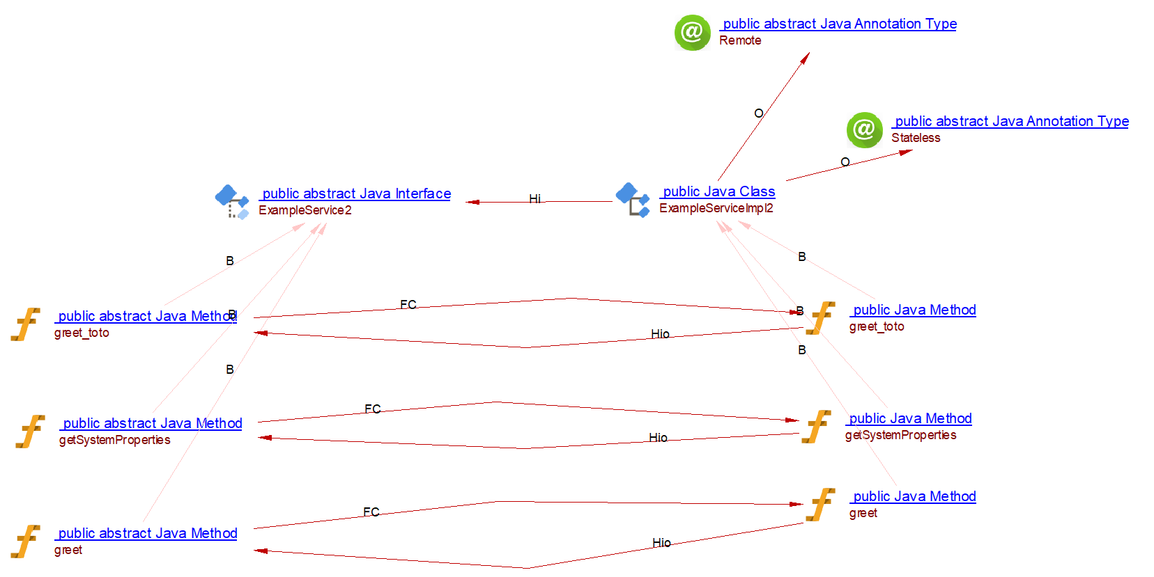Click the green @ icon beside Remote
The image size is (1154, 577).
coord(692,32)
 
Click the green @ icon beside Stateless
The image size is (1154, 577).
coord(864,129)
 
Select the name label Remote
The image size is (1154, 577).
coord(740,40)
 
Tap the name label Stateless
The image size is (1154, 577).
coord(916,138)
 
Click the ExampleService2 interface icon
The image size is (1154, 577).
coord(232,202)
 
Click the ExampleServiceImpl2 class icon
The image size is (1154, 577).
coord(633,200)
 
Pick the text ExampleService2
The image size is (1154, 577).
coord(305,210)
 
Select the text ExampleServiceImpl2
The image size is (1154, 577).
coord(716,208)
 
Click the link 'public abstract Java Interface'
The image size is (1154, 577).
coord(356,193)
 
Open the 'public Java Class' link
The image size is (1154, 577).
coord(718,191)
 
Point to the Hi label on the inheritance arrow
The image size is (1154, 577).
coord(534,198)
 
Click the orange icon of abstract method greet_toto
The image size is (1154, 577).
coord(26,324)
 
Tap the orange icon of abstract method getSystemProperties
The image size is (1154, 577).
coord(30,432)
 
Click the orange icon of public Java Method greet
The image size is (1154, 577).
coord(820,505)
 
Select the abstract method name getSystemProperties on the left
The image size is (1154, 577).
coord(114,440)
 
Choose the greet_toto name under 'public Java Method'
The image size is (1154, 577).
coord(876,326)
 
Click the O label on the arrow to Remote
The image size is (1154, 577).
coord(758,113)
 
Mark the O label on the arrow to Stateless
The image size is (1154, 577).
coord(845,161)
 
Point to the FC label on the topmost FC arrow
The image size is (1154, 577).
coord(408,304)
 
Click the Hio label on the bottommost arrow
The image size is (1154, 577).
coord(661,542)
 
